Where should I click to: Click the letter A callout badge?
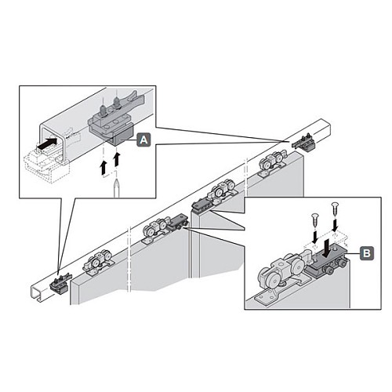pos(143,140)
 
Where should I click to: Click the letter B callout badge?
pos(367,253)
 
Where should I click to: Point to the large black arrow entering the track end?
pos(47,143)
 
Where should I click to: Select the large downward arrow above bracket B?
pos(327,249)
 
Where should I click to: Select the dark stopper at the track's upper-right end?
pos(305,143)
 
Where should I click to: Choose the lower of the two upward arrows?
pos(104,168)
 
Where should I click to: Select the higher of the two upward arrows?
pos(117,158)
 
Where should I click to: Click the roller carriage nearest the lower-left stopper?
pos(99,263)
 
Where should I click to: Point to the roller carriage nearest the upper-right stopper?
pos(273,164)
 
